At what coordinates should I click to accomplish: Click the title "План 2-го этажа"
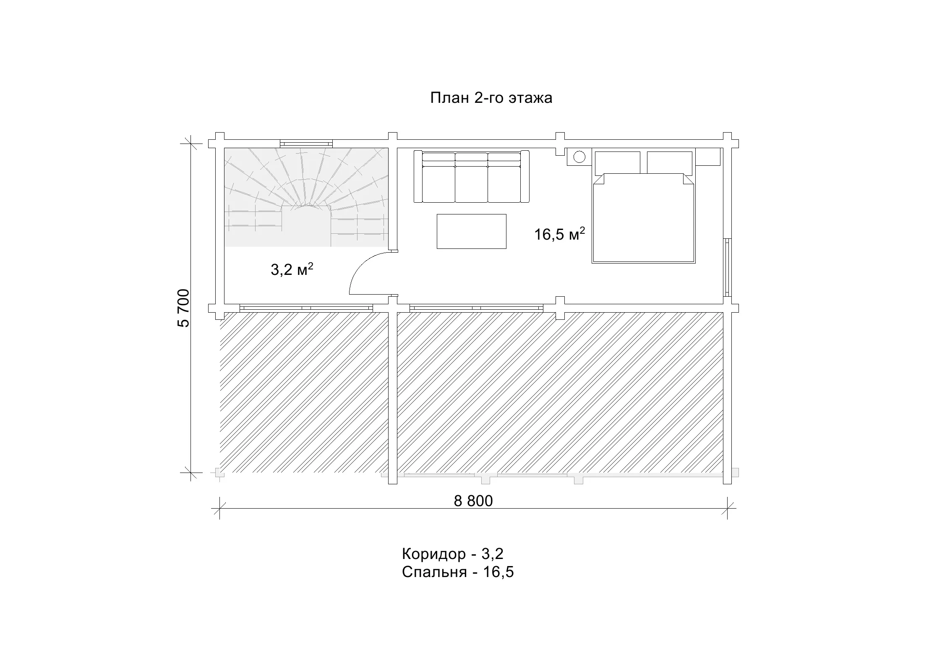(491, 98)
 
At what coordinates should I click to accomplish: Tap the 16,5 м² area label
(559, 234)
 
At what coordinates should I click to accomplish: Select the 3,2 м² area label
(292, 269)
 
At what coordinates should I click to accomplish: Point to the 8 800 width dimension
(473, 501)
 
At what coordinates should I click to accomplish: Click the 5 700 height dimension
(184, 308)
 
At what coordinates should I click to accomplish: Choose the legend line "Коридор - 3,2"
(452, 554)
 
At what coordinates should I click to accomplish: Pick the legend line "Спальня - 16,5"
(458, 572)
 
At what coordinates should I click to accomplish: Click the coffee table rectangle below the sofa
(471, 231)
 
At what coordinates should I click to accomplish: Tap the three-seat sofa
(471, 176)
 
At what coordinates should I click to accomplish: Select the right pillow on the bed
(669, 163)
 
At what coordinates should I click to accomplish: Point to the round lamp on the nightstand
(579, 157)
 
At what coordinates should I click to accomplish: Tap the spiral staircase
(306, 197)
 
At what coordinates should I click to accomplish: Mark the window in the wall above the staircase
(306, 144)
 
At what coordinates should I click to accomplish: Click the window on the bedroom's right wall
(728, 268)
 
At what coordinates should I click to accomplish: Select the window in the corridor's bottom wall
(306, 308)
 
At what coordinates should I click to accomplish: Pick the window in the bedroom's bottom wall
(476, 308)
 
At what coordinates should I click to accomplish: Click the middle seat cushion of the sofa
(471, 184)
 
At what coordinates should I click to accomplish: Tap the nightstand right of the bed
(707, 157)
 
